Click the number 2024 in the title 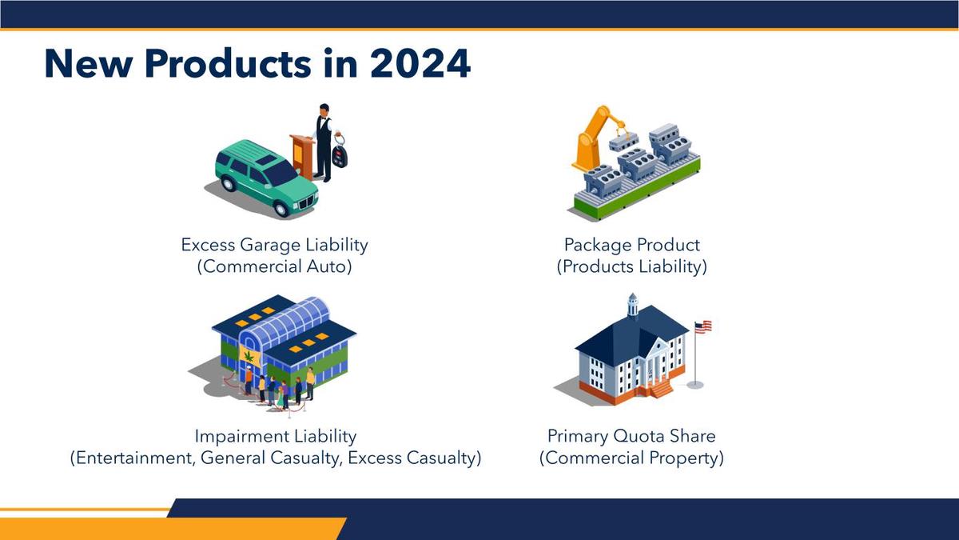coord(420,63)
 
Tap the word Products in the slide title coord(229,63)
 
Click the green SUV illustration coord(266,178)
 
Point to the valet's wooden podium coord(302,156)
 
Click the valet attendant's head coord(324,110)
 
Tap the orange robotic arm coord(596,137)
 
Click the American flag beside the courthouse coord(702,326)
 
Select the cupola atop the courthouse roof coord(633,306)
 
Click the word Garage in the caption coord(270,245)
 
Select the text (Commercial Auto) coord(274,266)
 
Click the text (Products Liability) coord(632,266)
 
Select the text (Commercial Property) coord(631,458)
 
